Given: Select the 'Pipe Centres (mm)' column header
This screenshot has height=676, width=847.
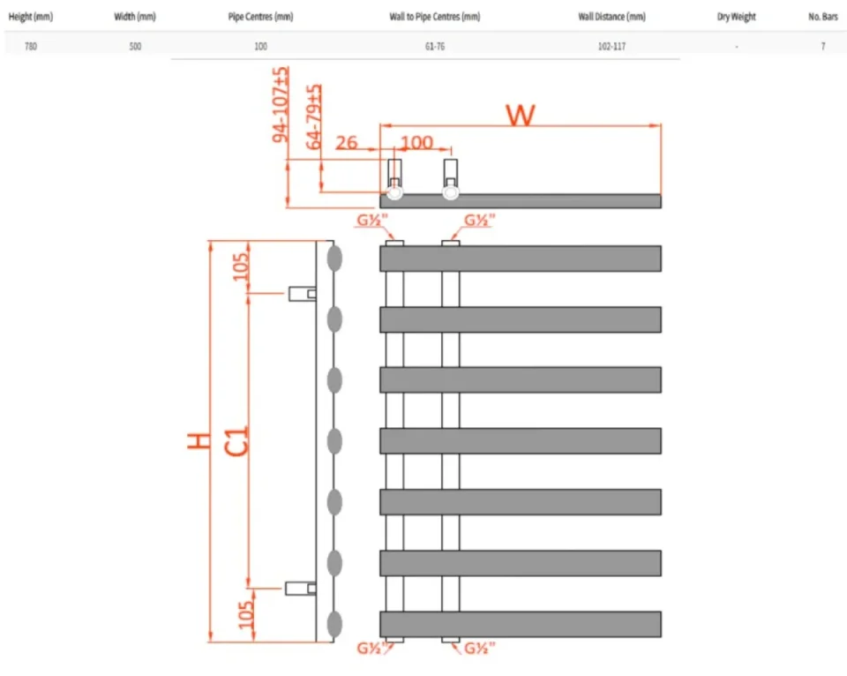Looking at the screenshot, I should (260, 17).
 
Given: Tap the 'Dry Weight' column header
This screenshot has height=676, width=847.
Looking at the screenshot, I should (736, 17).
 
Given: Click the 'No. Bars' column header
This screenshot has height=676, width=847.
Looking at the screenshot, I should (822, 17).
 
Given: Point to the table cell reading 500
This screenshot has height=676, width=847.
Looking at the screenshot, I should (135, 46).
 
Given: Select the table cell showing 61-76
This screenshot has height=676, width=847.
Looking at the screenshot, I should (435, 46).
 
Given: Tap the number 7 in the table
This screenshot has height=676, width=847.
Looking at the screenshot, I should (823, 46).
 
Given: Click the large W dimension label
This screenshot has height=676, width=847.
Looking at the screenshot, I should (521, 114).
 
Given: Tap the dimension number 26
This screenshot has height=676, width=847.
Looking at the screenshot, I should (347, 142).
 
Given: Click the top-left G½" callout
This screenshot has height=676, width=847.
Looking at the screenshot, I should (371, 221).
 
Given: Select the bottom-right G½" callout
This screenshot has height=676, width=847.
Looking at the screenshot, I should (480, 650).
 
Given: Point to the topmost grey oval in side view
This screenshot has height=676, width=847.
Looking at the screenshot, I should (334, 258).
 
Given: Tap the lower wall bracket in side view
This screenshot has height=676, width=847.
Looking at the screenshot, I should (301, 588).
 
